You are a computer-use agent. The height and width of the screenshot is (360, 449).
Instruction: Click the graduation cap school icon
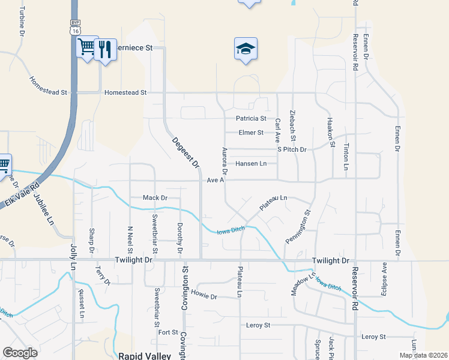point(246,48)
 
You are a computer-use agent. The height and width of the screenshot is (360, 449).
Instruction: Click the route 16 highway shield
point(74,29)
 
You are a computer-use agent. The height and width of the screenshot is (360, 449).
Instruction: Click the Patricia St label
point(251,119)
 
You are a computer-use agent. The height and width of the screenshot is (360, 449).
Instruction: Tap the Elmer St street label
point(251,133)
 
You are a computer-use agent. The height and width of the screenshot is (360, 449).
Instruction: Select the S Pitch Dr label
point(292,149)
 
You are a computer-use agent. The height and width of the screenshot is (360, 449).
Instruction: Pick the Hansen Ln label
point(251,163)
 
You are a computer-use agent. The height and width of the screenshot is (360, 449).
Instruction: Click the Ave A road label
point(215,180)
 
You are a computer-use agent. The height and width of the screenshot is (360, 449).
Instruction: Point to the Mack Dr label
point(154,197)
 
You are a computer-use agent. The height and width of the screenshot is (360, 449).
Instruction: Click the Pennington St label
point(300,225)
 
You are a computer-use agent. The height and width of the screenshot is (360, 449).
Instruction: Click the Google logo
point(20,353)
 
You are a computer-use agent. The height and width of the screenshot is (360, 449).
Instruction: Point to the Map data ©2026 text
point(423,355)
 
